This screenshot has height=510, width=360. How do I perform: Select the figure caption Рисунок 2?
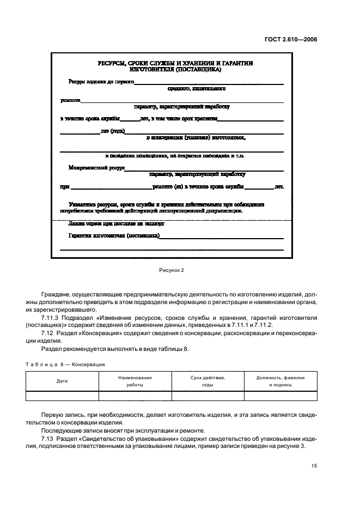pyautogui.click(x=172, y=270)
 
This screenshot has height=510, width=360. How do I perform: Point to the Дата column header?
pyautogui.click(x=62, y=381)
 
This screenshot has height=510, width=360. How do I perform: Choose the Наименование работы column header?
pyautogui.click(x=135, y=381)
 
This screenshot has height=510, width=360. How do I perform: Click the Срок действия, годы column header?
pyautogui.click(x=208, y=381)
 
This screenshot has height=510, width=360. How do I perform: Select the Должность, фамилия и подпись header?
pyautogui.click(x=280, y=381)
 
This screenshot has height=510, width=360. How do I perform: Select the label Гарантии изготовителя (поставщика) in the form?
pyautogui.click(x=114, y=236)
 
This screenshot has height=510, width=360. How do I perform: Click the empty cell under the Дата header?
pyautogui.click(x=62, y=396)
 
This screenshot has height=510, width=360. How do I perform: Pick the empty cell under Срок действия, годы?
pyautogui.click(x=208, y=396)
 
